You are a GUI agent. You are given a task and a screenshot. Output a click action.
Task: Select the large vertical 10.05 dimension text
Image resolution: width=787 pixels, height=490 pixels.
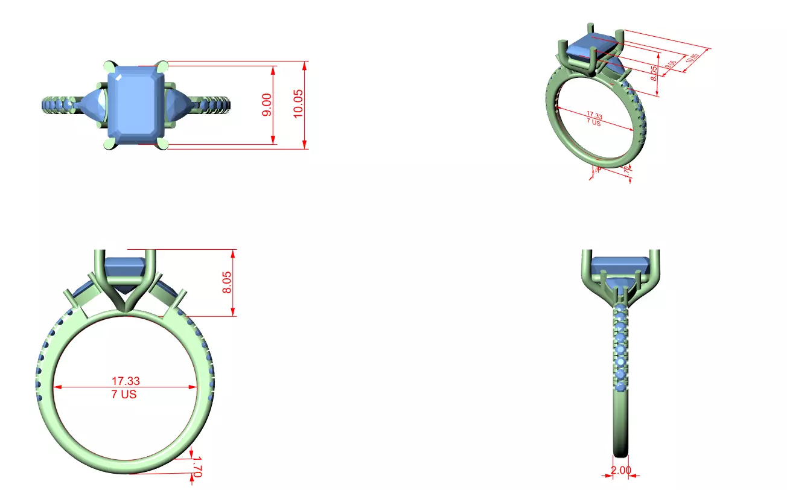[298, 104]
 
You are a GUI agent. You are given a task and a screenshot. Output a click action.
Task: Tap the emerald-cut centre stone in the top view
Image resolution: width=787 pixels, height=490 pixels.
[136, 104]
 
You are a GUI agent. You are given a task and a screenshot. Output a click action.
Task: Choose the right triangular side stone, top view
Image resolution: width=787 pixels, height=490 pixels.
[180, 104]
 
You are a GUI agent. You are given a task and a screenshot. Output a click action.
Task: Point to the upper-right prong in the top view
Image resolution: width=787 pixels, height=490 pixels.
[164, 65]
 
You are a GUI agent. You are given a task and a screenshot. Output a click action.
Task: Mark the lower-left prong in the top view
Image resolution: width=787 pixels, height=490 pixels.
[109, 144]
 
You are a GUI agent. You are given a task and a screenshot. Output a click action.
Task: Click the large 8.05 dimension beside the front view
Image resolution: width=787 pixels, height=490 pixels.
[228, 282]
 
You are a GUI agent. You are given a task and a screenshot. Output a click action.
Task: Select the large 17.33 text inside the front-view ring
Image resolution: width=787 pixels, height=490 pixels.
[126, 381]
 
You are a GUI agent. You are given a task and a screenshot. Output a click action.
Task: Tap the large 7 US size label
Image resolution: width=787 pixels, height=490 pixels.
[124, 395]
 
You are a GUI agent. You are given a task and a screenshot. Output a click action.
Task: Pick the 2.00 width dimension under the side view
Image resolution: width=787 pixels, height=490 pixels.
[620, 471]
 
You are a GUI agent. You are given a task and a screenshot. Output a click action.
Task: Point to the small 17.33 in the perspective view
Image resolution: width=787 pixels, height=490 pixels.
[594, 115]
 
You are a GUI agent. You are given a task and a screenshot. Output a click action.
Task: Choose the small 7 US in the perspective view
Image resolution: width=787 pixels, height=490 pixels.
[593, 122]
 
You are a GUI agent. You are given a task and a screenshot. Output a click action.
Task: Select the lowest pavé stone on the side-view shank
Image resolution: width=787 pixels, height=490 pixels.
[620, 386]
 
